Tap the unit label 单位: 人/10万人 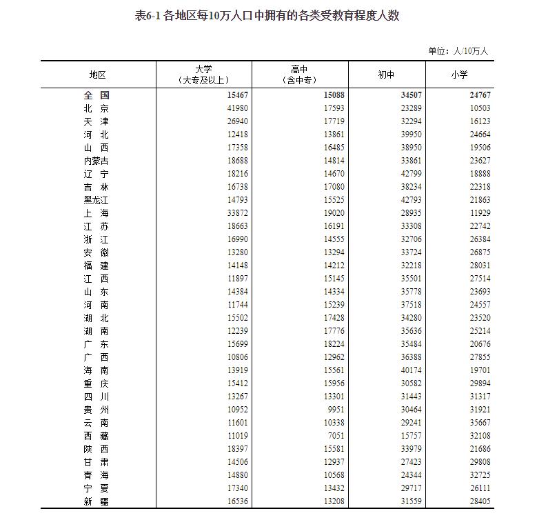click(x=458, y=51)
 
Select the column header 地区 click(x=97, y=75)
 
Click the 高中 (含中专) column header click(x=299, y=74)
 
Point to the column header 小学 click(x=459, y=75)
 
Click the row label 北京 click(x=96, y=108)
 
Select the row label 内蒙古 click(x=96, y=161)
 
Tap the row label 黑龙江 click(x=96, y=200)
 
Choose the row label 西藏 click(x=96, y=436)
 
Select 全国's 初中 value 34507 click(x=406, y=95)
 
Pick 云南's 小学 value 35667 click(x=477, y=423)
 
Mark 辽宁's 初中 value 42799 click(x=406, y=174)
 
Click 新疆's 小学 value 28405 click(x=477, y=501)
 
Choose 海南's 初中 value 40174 click(x=406, y=370)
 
